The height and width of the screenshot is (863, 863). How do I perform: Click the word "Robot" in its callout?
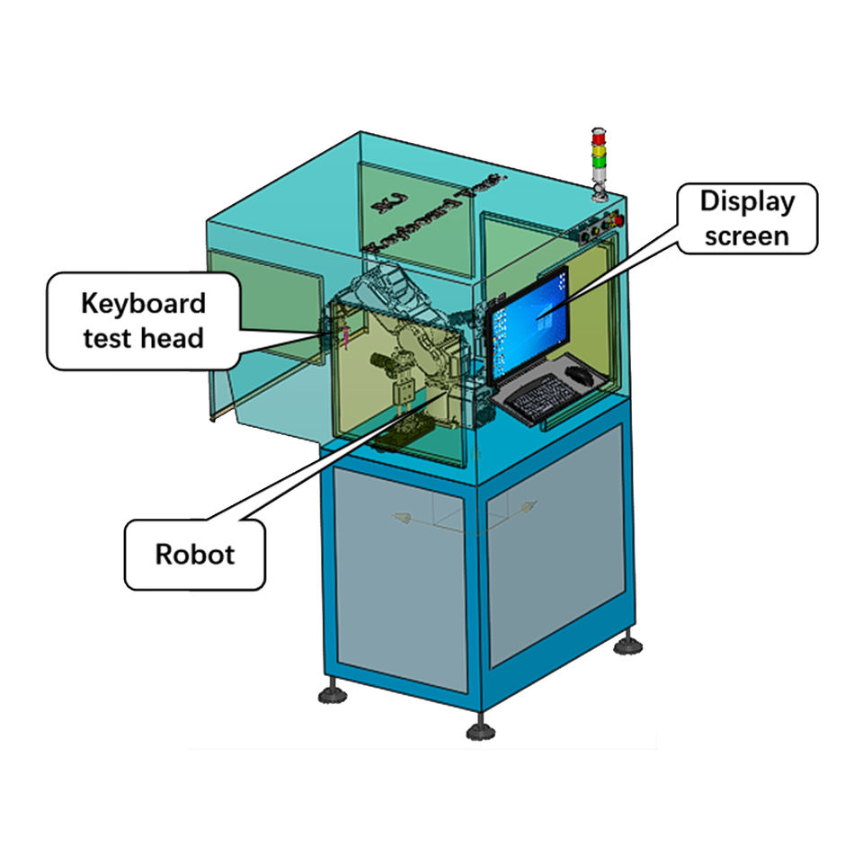194,554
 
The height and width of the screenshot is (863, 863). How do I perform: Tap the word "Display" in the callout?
747,200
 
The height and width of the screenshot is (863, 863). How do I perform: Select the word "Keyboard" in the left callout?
143,303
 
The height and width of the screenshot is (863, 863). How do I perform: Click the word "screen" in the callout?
747,235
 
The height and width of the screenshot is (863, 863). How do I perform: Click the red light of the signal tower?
598,137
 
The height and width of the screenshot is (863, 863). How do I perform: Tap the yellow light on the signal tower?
598,149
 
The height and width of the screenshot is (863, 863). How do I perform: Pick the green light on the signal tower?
598,162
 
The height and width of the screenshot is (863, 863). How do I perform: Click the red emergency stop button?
617,218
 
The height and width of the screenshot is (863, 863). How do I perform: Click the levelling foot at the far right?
627,644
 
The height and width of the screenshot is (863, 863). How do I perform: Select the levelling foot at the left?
332,693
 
